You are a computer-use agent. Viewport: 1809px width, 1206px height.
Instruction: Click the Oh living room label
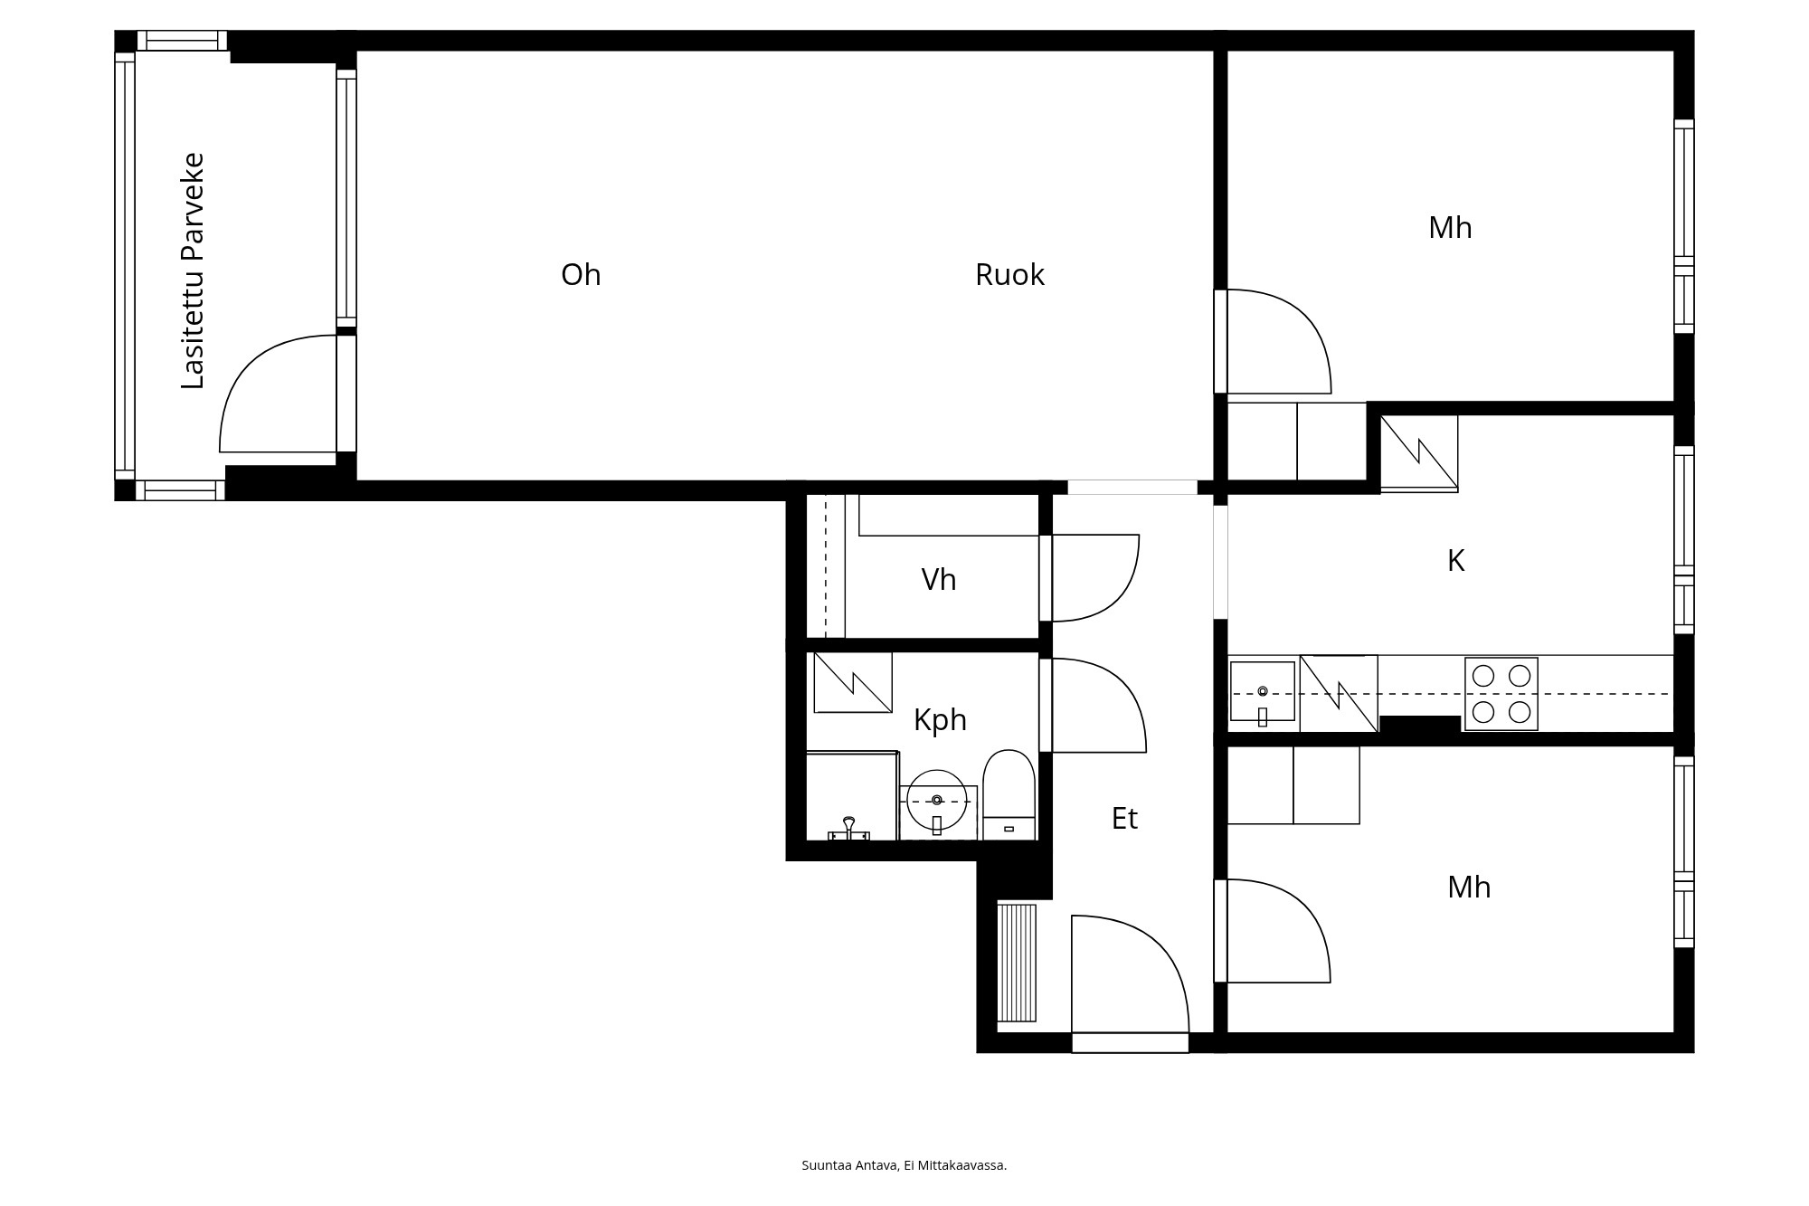pyautogui.click(x=581, y=274)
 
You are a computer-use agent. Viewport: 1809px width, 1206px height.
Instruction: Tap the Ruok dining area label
pyautogui.click(x=1009, y=274)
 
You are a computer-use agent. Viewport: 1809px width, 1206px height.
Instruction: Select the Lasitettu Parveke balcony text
pyautogui.click(x=193, y=271)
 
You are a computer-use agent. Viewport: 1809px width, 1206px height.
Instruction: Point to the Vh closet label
pyautogui.click(x=939, y=579)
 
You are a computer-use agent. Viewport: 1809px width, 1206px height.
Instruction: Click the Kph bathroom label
pyautogui.click(x=940, y=720)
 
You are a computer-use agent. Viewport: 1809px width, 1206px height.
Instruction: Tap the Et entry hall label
pyautogui.click(x=1124, y=818)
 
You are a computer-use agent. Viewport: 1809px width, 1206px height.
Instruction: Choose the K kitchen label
pyautogui.click(x=1455, y=561)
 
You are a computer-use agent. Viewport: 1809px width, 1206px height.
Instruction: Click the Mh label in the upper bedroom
pyautogui.click(x=1450, y=227)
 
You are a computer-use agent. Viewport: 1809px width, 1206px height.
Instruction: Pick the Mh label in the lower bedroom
pyautogui.click(x=1469, y=887)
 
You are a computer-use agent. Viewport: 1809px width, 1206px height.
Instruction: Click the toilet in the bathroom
pyautogui.click(x=1009, y=794)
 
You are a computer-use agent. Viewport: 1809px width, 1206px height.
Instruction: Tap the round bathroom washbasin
pyautogui.click(x=937, y=801)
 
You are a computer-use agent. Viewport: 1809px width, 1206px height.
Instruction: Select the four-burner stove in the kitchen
pyautogui.click(x=1501, y=694)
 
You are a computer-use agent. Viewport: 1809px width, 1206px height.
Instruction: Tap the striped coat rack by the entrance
pyautogui.click(x=1017, y=963)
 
